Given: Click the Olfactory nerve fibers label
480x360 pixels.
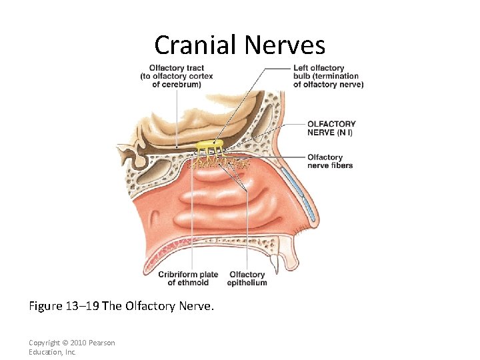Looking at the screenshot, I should tap(330, 161).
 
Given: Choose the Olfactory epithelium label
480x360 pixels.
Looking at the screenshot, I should tap(247, 279).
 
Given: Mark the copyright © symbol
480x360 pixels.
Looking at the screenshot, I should tap(62, 343).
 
